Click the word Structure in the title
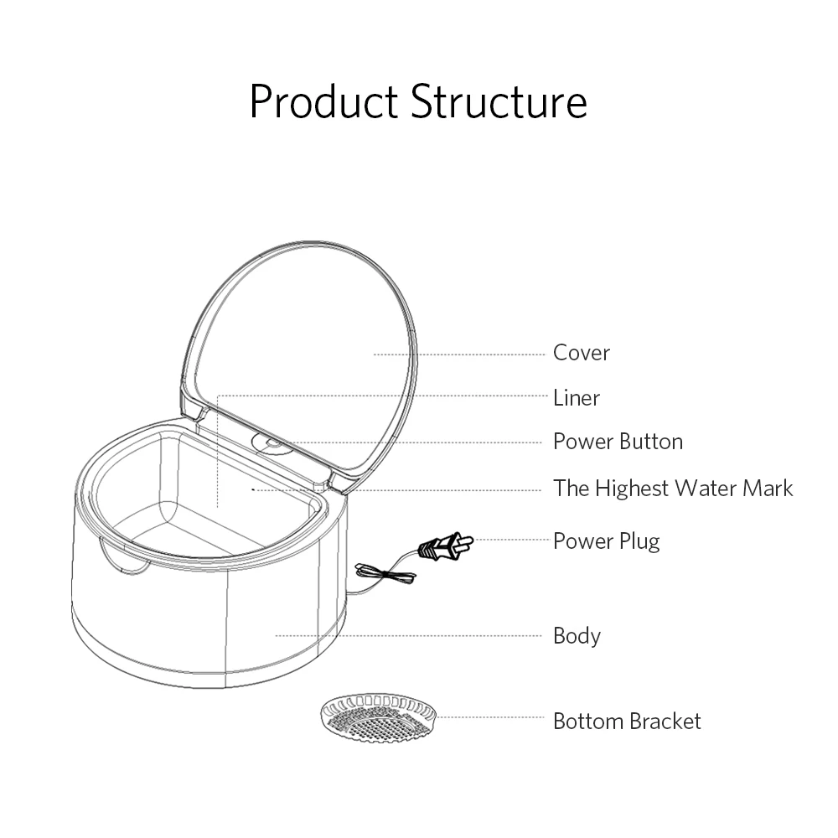click(x=499, y=102)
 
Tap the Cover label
click(x=581, y=353)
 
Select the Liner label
click(x=576, y=397)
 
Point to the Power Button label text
click(x=618, y=442)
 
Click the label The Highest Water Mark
click(x=672, y=488)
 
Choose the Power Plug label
click(x=606, y=541)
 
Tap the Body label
click(x=577, y=635)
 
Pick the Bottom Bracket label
click(x=627, y=721)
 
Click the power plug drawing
click(x=443, y=546)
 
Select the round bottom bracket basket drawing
click(x=380, y=718)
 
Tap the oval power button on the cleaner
click(x=272, y=443)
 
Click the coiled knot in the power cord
click(x=385, y=574)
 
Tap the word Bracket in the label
click(x=662, y=721)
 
